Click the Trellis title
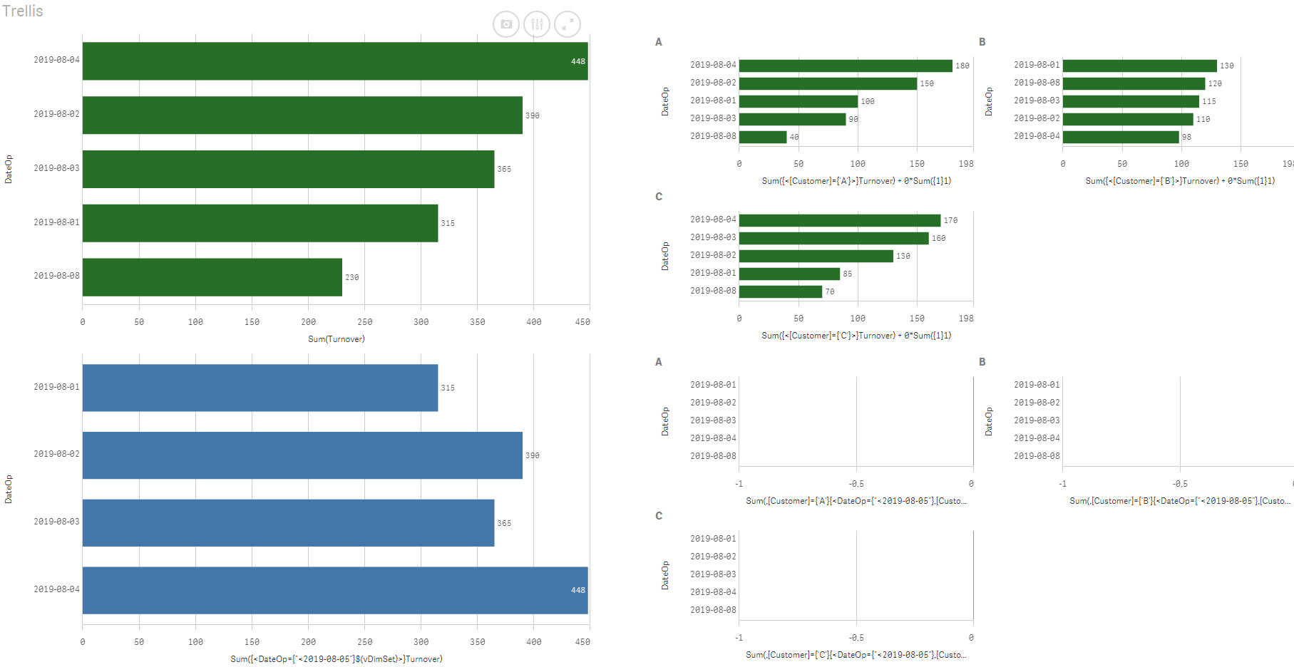[23, 11]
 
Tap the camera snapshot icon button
[506, 24]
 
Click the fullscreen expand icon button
[568, 24]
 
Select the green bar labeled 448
[335, 61]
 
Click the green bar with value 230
[212, 277]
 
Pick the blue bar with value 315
[260, 388]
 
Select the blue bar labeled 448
[335, 590]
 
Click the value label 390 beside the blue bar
[533, 455]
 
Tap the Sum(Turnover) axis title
[336, 339]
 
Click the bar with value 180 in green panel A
[846, 66]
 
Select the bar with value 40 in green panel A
[763, 137]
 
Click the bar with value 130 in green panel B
[1139, 66]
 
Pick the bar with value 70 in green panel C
[781, 291]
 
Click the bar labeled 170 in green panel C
[840, 220]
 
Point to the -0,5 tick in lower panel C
[856, 638]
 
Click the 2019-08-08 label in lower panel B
[1037, 456]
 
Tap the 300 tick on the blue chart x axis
[421, 642]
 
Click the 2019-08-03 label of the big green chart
[56, 168]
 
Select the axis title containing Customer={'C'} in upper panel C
[856, 336]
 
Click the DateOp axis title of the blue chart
[9, 489]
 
